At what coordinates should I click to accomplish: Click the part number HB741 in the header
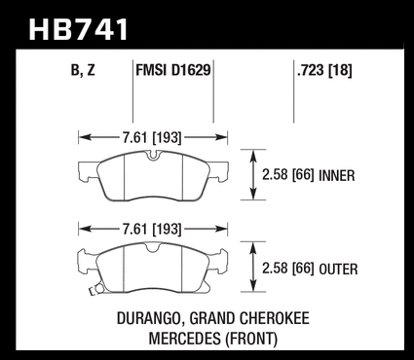click(79, 29)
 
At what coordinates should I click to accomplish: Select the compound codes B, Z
click(83, 70)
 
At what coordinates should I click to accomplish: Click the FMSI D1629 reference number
click(173, 70)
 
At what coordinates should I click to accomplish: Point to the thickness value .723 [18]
click(324, 70)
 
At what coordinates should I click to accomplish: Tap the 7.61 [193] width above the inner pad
click(152, 138)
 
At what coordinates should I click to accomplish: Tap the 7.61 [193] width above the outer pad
click(152, 230)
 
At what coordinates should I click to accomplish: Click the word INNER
click(337, 176)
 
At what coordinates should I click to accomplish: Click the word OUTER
click(338, 270)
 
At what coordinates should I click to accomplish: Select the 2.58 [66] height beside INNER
click(288, 175)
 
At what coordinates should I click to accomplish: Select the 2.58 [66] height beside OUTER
click(288, 269)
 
